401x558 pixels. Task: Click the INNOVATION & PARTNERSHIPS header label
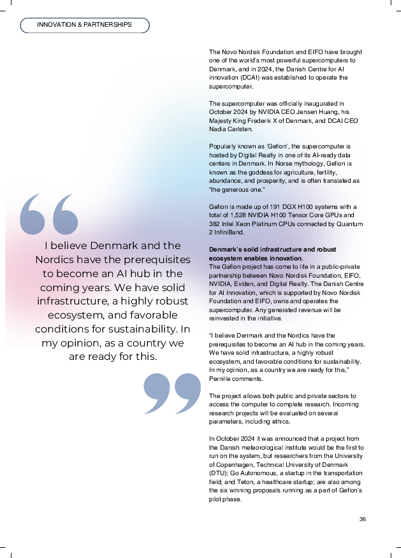[x=85, y=25]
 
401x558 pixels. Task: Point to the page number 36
[x=362, y=519]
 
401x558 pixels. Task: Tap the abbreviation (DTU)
[x=218, y=474]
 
